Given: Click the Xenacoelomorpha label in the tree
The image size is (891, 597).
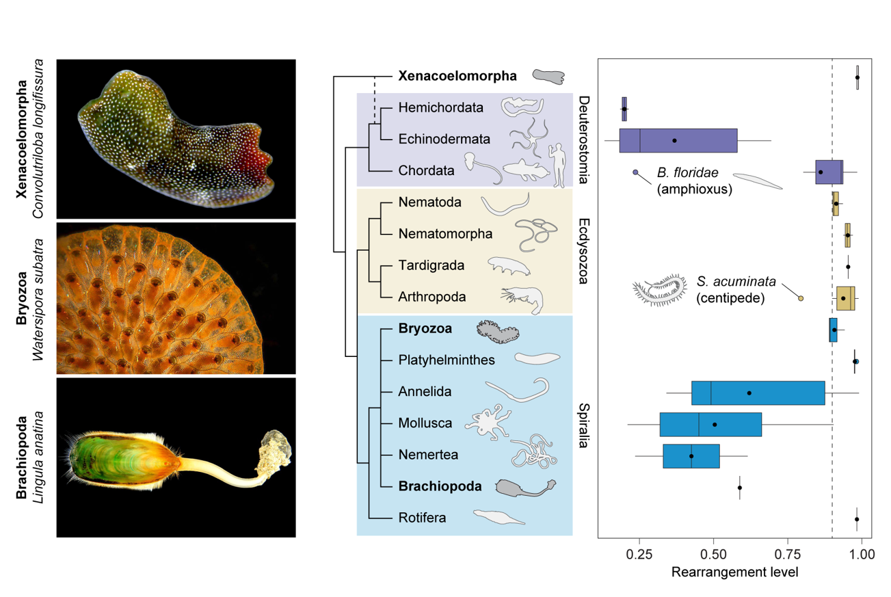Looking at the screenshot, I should [457, 76].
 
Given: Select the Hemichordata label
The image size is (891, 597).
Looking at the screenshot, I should [440, 107].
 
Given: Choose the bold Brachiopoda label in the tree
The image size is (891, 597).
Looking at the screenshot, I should [440, 486].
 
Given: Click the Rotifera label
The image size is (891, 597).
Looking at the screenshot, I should [422, 518].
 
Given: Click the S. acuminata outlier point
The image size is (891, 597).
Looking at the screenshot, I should [801, 297].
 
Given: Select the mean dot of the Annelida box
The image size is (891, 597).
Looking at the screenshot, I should [749, 393].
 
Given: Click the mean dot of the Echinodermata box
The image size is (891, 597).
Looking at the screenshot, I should [674, 140].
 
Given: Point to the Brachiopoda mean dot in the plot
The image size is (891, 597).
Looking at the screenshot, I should [739, 488].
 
